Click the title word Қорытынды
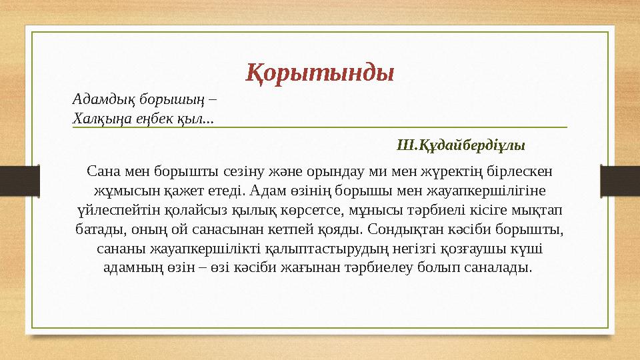(320, 72)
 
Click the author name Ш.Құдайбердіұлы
(461, 145)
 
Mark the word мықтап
(539, 210)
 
